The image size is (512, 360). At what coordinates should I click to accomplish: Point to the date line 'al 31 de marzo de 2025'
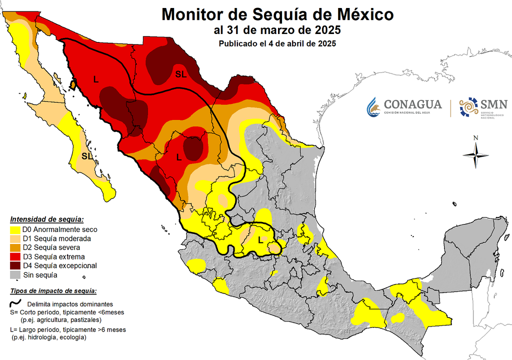(x=277, y=30)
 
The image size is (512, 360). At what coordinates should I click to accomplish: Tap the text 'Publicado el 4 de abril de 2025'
(x=277, y=43)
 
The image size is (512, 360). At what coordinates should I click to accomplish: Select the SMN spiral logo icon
(x=468, y=107)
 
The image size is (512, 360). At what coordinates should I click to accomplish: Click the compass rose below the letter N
(x=476, y=155)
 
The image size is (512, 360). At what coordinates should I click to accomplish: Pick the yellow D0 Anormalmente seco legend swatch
(x=15, y=229)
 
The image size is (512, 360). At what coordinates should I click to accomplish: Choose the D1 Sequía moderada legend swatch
(x=15, y=238)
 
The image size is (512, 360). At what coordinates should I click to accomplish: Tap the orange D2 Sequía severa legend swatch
(x=15, y=247)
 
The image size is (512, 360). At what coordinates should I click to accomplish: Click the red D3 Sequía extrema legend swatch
(x=15, y=256)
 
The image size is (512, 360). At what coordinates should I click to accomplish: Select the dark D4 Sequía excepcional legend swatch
(x=15, y=265)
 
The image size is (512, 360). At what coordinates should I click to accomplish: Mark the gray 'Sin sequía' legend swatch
(x=15, y=274)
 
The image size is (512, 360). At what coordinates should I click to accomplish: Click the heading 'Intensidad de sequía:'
(x=47, y=219)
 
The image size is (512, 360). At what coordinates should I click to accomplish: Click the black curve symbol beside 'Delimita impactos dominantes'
(x=16, y=303)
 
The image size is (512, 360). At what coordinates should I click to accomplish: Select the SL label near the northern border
(x=180, y=74)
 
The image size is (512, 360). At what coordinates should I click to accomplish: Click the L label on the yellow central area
(x=260, y=239)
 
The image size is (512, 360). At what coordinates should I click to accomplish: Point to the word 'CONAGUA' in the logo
(x=412, y=104)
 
